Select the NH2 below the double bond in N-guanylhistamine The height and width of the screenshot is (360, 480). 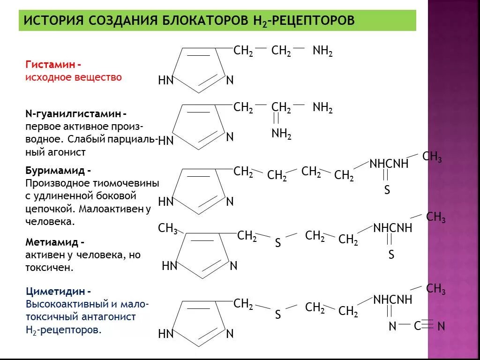281,135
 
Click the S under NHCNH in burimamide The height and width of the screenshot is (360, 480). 387,190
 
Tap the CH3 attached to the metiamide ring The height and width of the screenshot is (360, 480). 167,229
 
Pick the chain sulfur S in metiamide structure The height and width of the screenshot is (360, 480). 278,243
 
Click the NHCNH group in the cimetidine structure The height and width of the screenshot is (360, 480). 392,300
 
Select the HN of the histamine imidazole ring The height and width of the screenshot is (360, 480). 166,81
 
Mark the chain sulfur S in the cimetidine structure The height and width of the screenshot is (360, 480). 278,315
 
